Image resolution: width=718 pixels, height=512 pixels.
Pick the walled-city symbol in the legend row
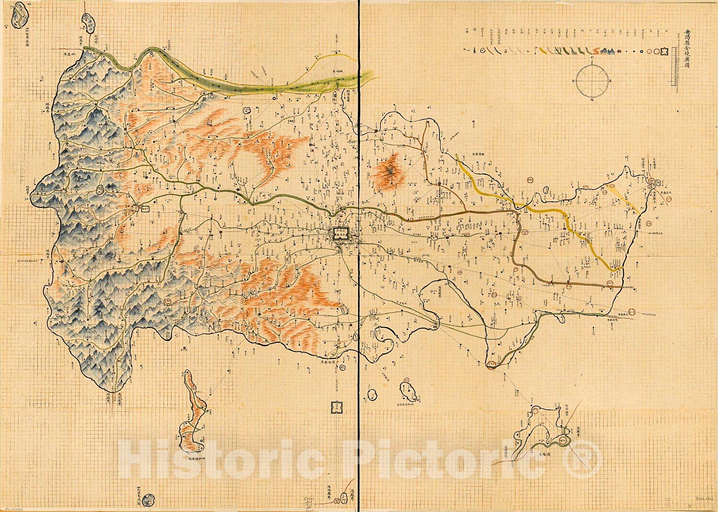[665, 52]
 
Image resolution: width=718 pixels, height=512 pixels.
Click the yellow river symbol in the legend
[543, 51]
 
